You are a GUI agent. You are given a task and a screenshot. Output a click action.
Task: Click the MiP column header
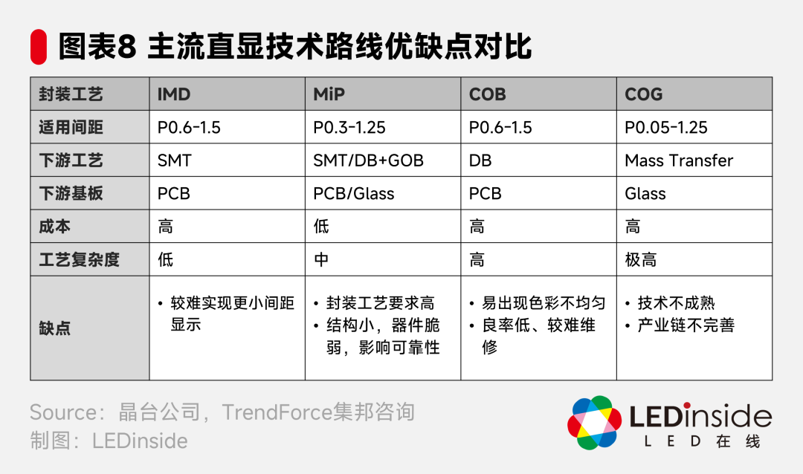pos(329,94)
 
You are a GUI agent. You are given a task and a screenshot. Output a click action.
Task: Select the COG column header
pos(643,94)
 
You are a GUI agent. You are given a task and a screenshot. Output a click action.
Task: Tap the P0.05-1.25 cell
pos(665,127)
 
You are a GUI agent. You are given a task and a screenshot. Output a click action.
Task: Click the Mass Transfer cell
pos(678,160)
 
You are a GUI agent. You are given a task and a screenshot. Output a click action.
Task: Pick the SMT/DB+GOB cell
pos(368,160)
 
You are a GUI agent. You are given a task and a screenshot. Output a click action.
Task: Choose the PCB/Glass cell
pos(353,193)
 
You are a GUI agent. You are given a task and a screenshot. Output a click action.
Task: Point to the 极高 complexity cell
pos(640,259)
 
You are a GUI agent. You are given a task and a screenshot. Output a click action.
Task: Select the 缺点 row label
pos(54,328)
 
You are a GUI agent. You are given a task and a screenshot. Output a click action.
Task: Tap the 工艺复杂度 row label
pos(79,259)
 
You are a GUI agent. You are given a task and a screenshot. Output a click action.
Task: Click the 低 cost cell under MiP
pos(321,226)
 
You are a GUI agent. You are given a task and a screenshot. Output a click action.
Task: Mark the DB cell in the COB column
pos(480,160)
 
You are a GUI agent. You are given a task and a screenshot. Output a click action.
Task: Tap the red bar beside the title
pos(38,48)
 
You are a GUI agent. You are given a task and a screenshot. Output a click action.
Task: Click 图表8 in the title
pos(97,48)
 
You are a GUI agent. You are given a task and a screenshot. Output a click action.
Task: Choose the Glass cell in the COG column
pos(645,193)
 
